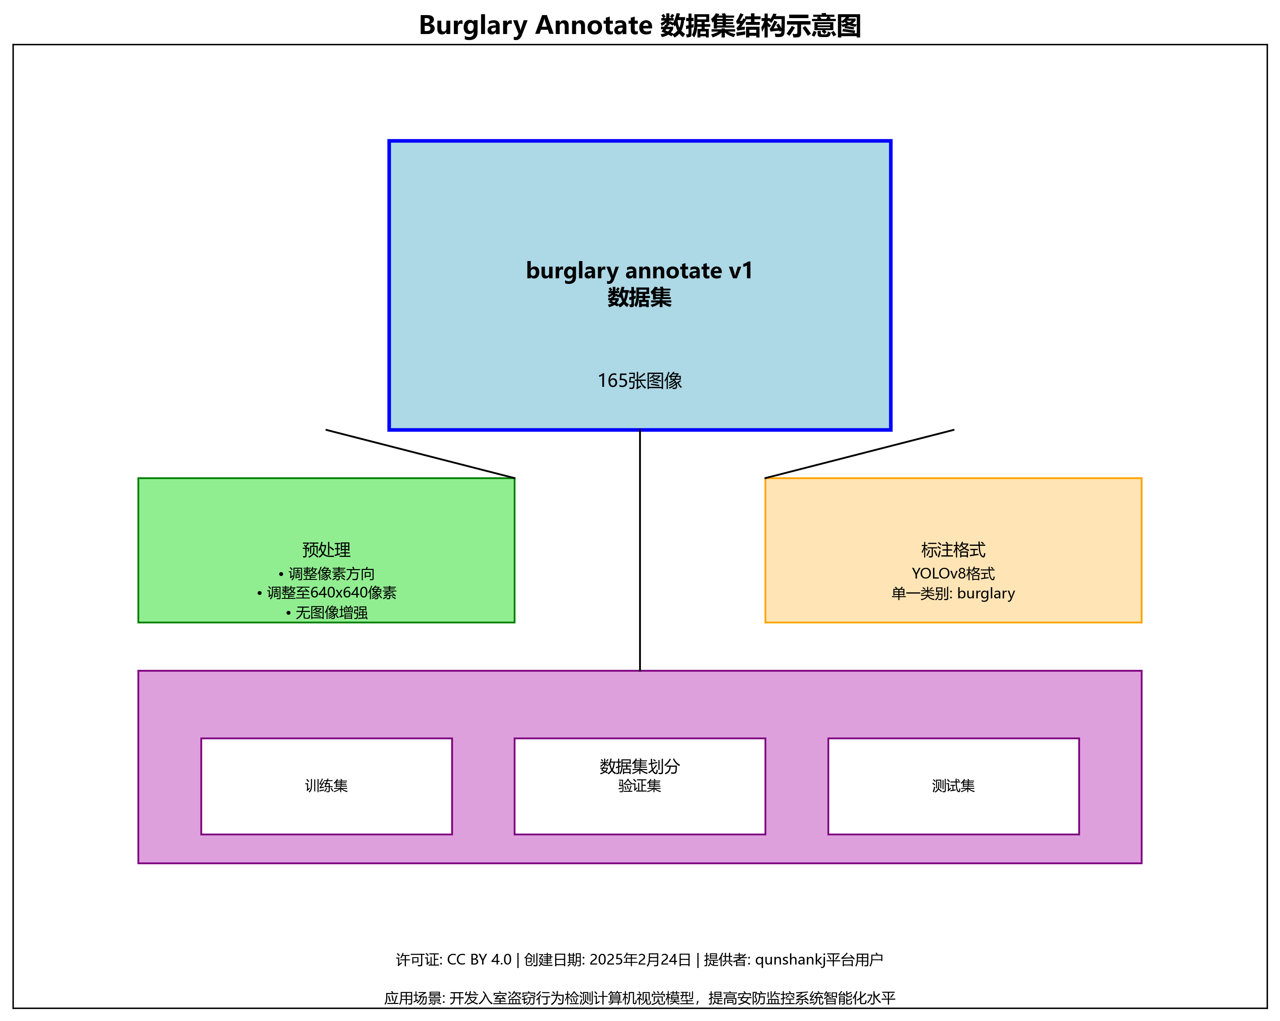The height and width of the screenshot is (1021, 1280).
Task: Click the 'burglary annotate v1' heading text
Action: (x=640, y=271)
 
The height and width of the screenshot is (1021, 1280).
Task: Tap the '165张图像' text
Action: (x=640, y=380)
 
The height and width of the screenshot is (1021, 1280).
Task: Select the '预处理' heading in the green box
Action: (x=326, y=550)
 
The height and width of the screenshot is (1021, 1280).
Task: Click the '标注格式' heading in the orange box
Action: (x=953, y=550)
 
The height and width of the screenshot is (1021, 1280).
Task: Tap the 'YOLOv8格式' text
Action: (x=953, y=573)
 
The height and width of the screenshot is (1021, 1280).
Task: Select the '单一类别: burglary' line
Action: (x=953, y=593)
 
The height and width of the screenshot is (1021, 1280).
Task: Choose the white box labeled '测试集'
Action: (x=953, y=785)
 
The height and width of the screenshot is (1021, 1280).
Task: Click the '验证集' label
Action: (x=640, y=786)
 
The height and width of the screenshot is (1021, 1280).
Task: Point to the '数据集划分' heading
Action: (x=640, y=766)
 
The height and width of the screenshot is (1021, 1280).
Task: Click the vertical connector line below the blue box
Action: (x=640, y=549)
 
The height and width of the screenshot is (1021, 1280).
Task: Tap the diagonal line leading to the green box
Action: (x=420, y=454)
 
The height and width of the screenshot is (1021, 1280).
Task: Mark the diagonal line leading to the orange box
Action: (x=859, y=454)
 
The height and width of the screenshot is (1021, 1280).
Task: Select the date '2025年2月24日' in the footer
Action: (x=640, y=960)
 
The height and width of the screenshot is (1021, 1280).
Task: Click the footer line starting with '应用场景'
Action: (x=640, y=998)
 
